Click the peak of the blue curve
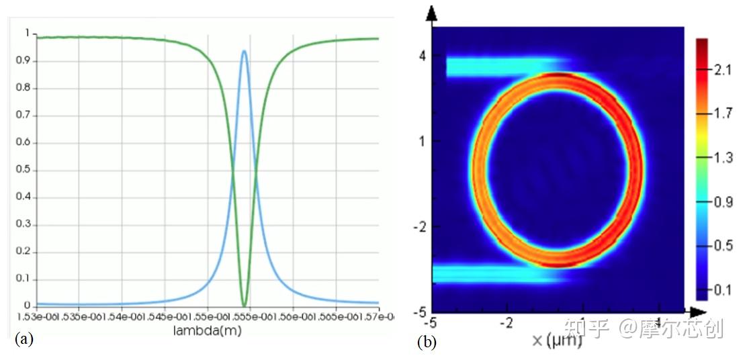click(244, 51)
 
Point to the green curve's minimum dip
click(244, 306)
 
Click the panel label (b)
click(427, 342)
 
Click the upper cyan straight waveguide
click(497, 66)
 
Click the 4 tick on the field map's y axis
click(423, 56)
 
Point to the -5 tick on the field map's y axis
click(420, 312)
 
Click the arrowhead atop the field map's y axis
click(432, 13)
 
